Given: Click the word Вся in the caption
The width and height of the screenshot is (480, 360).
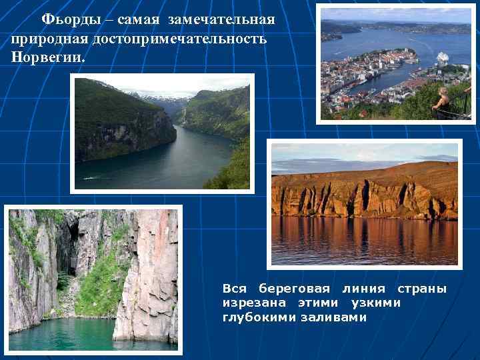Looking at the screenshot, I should pyautogui.click(x=235, y=289).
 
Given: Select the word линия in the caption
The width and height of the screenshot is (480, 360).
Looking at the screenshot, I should pyautogui.click(x=363, y=289).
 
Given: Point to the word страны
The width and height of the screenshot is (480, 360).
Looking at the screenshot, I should pyautogui.click(x=422, y=289).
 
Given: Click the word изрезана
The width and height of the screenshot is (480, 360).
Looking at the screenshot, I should pyautogui.click(x=251, y=303).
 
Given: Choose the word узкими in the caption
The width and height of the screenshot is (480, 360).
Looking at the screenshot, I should pyautogui.click(x=377, y=303).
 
